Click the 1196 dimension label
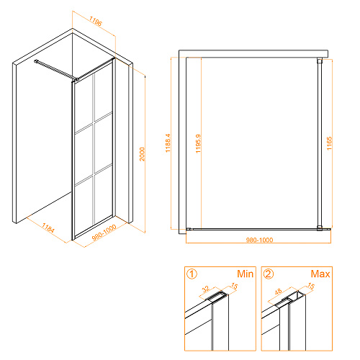[x=96, y=21]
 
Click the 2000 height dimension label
[x=143, y=154]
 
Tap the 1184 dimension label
[x=48, y=228]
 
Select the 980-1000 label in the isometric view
[x=104, y=233]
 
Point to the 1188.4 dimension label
[x=168, y=143]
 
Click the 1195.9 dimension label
[x=198, y=143]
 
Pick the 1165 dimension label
[x=329, y=143]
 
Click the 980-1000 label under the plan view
[x=259, y=240]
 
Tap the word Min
[x=245, y=274]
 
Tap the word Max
[x=320, y=274]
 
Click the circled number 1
[x=192, y=274]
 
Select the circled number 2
[x=269, y=274]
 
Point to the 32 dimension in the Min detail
[x=206, y=289]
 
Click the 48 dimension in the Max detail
[x=278, y=292]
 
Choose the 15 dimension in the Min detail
[x=234, y=286]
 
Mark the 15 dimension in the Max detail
[x=311, y=286]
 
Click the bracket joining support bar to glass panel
[x=76, y=79]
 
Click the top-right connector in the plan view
[x=320, y=60]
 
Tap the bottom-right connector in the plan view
[x=320, y=228]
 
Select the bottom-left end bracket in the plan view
[x=189, y=229]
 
